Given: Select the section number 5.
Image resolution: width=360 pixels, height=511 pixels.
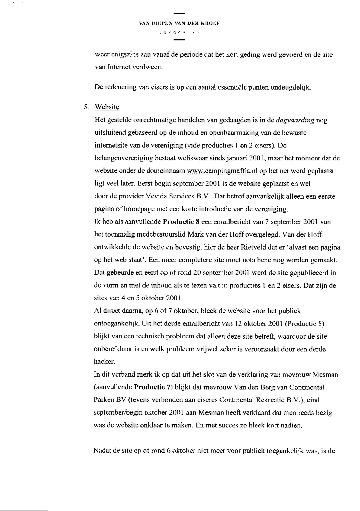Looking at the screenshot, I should coord(85,107).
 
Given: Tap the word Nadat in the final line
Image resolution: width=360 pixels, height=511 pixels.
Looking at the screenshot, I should coord(102,451).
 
